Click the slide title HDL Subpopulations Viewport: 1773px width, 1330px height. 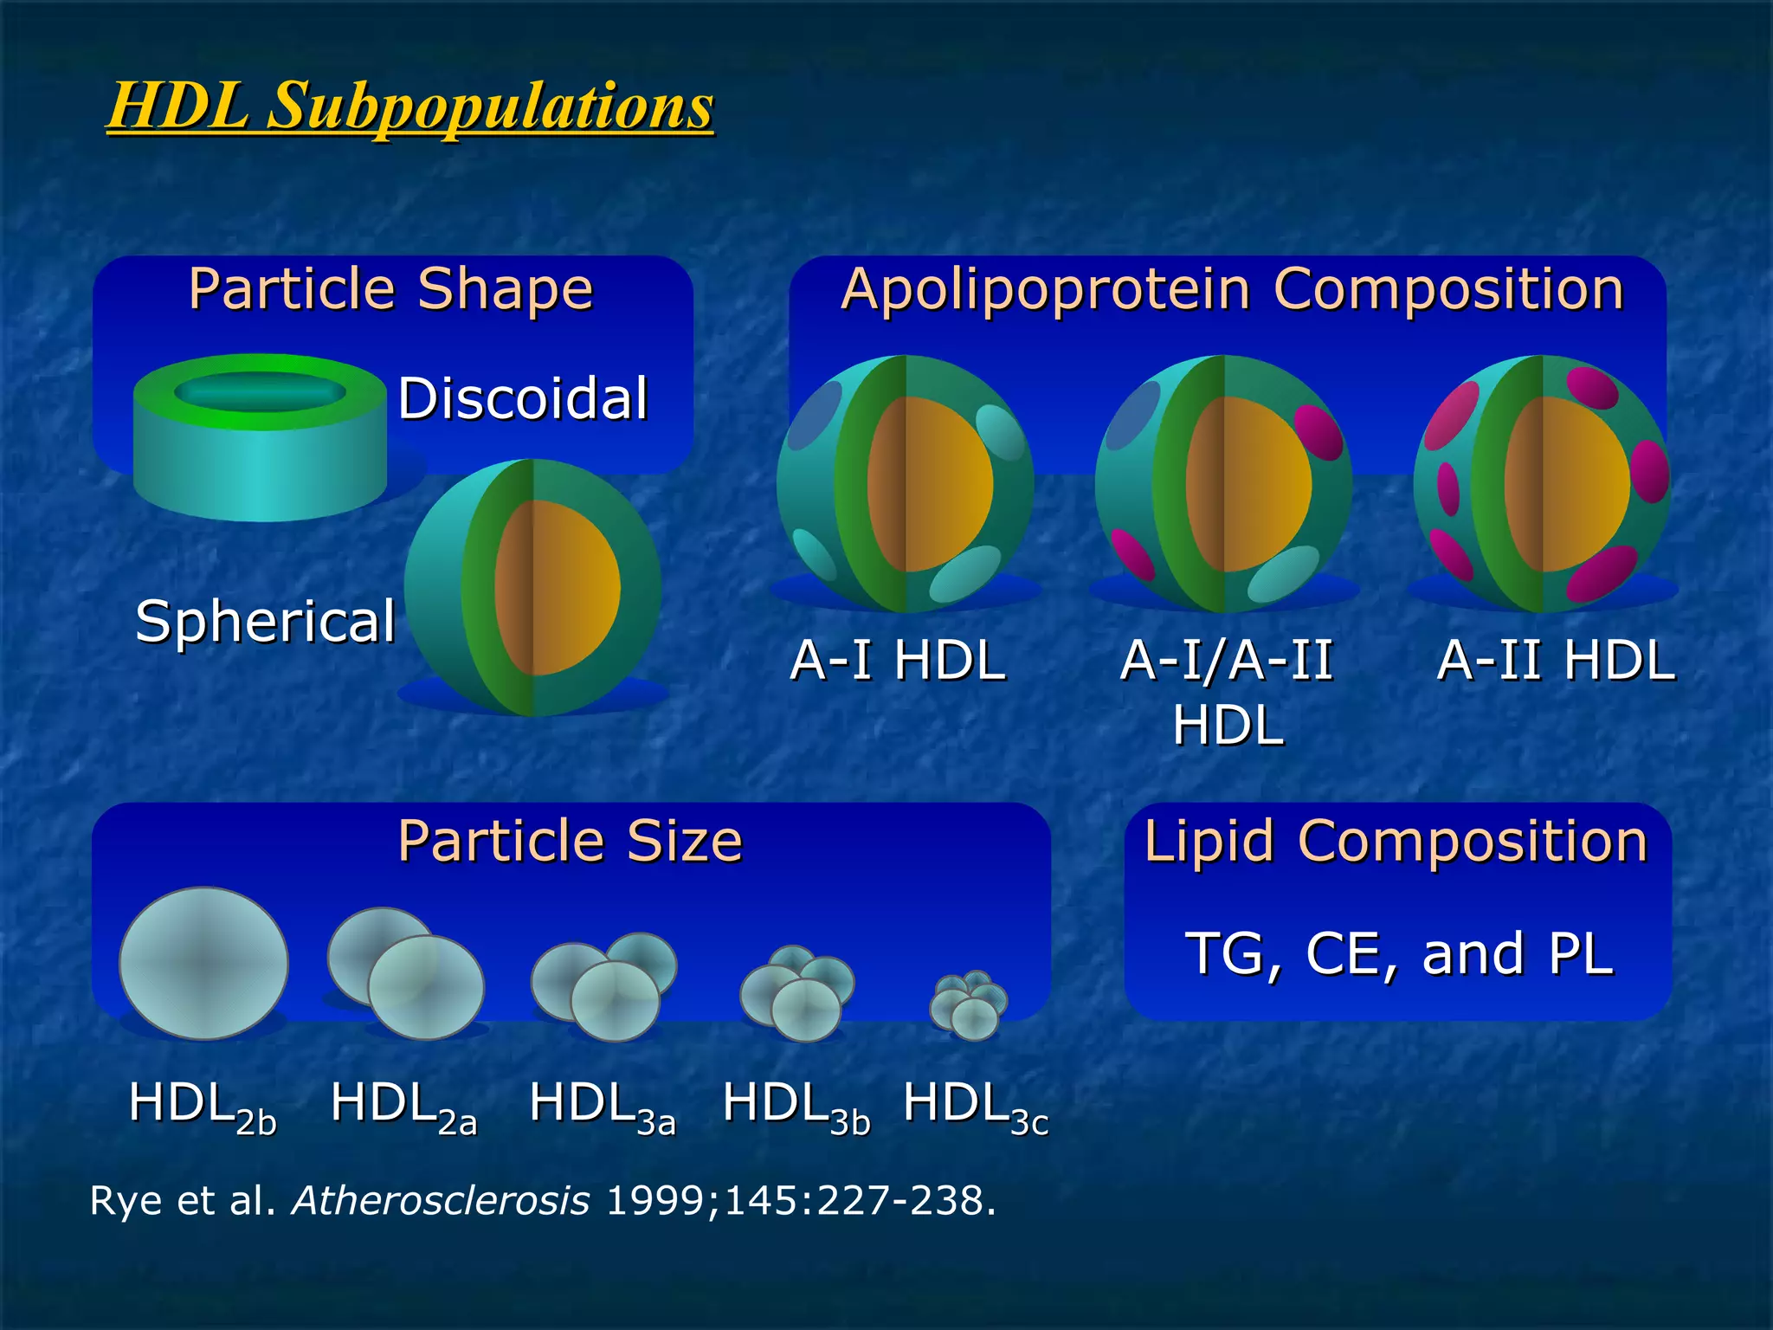pos(410,106)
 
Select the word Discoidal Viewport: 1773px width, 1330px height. pos(523,398)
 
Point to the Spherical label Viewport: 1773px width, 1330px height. pos(265,621)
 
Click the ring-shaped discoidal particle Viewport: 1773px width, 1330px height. pos(260,437)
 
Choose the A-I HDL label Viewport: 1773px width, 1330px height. pos(898,660)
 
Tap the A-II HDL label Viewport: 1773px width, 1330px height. pos(1556,660)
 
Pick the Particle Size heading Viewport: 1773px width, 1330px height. pos(570,841)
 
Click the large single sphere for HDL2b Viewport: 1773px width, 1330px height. pos(204,963)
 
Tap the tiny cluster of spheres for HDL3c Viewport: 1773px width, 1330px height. pos(968,1004)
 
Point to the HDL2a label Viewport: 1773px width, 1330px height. pos(403,1106)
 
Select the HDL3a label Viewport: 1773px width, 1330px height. pos(602,1106)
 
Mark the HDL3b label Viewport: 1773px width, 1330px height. pos(796,1106)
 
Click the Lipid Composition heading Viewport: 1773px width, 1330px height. pos(1396,841)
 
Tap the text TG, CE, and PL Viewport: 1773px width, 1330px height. pos(1398,953)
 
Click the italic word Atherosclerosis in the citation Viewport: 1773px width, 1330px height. pos(441,1201)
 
